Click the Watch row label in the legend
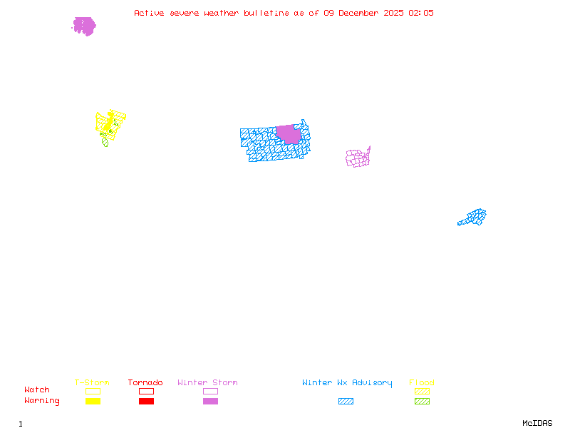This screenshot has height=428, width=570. click(37, 390)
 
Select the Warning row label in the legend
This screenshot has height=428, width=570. click(42, 401)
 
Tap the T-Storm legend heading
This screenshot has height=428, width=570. click(92, 383)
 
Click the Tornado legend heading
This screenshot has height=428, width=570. click(145, 383)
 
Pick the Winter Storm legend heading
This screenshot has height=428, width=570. click(207, 383)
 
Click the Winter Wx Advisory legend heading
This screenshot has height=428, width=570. click(347, 383)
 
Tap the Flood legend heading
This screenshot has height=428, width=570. click(422, 383)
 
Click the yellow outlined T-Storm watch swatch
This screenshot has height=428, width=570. click(93, 391)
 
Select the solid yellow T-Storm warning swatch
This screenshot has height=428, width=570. click(93, 402)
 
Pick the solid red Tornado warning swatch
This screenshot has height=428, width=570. click(146, 402)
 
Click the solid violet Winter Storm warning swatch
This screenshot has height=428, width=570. click(210, 402)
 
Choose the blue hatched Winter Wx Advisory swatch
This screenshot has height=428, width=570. click(346, 402)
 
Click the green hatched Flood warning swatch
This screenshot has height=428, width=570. click(422, 402)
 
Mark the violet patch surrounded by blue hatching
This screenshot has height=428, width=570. click(288, 133)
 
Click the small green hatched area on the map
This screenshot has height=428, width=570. click(105, 142)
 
